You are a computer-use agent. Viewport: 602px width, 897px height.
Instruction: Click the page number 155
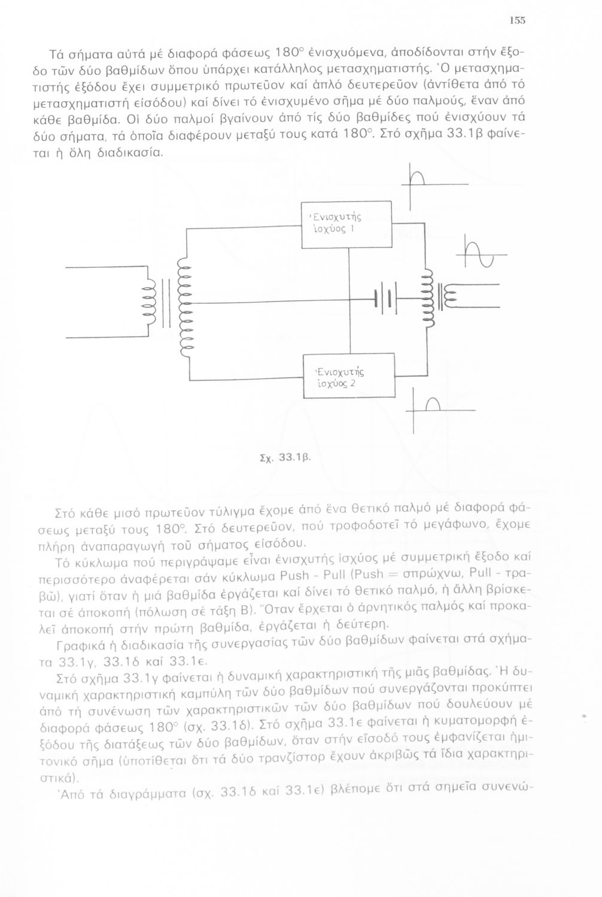pyautogui.click(x=518, y=20)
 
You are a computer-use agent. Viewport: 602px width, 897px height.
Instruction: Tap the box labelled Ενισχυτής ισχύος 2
pyautogui.click(x=349, y=376)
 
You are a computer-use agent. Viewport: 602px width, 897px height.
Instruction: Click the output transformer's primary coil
pyautogui.click(x=425, y=297)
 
